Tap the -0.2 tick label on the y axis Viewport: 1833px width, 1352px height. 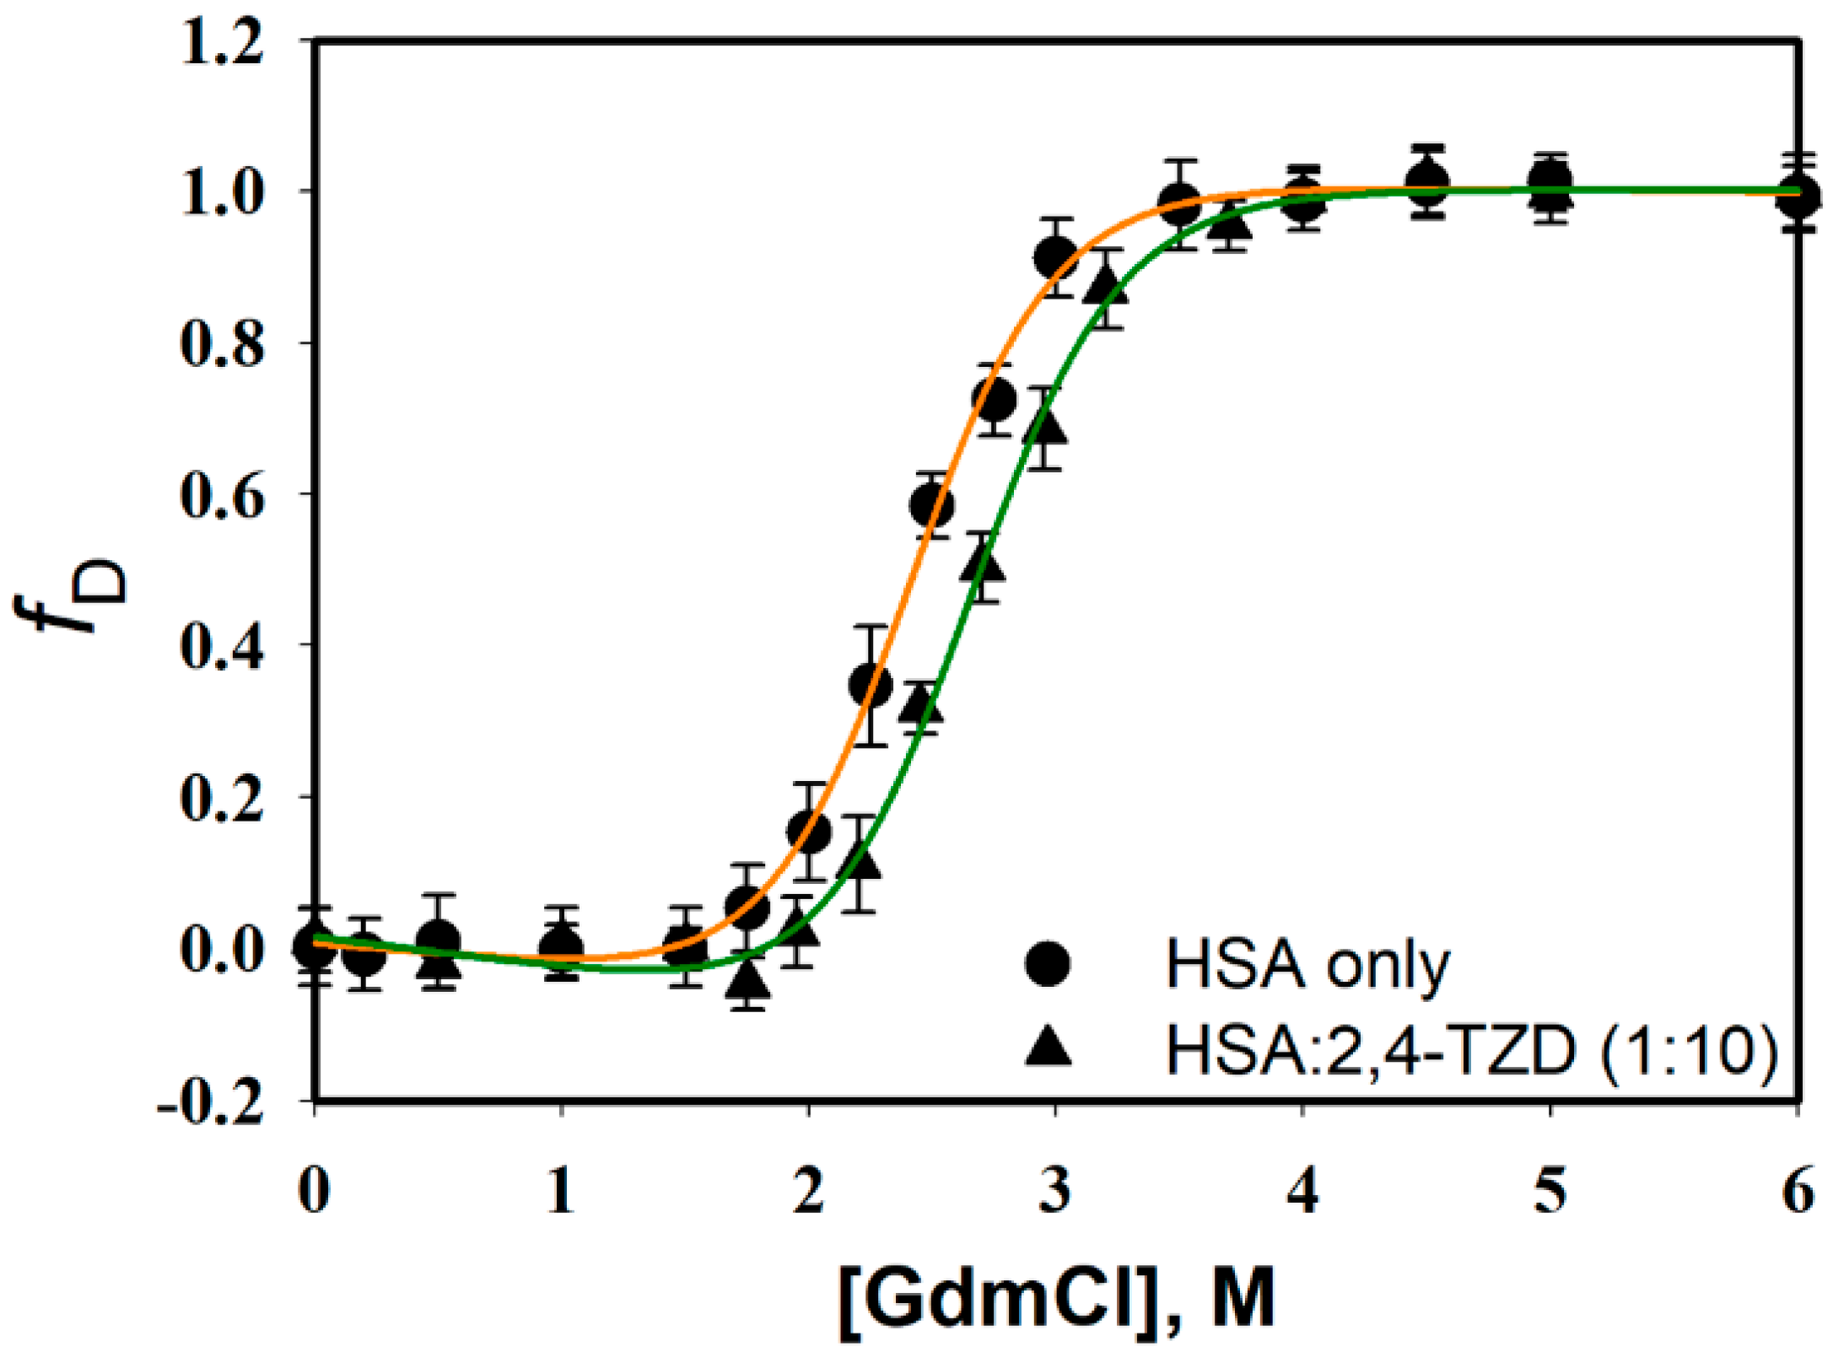click(211, 1102)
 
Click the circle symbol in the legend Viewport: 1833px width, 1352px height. click(1048, 963)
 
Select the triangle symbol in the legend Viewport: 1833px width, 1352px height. click(1048, 1048)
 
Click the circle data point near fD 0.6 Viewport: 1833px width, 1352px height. click(932, 506)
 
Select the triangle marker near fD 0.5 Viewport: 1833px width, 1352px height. click(982, 563)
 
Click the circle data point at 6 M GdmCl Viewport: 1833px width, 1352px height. click(1798, 196)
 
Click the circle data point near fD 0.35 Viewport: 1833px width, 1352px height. click(871, 686)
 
